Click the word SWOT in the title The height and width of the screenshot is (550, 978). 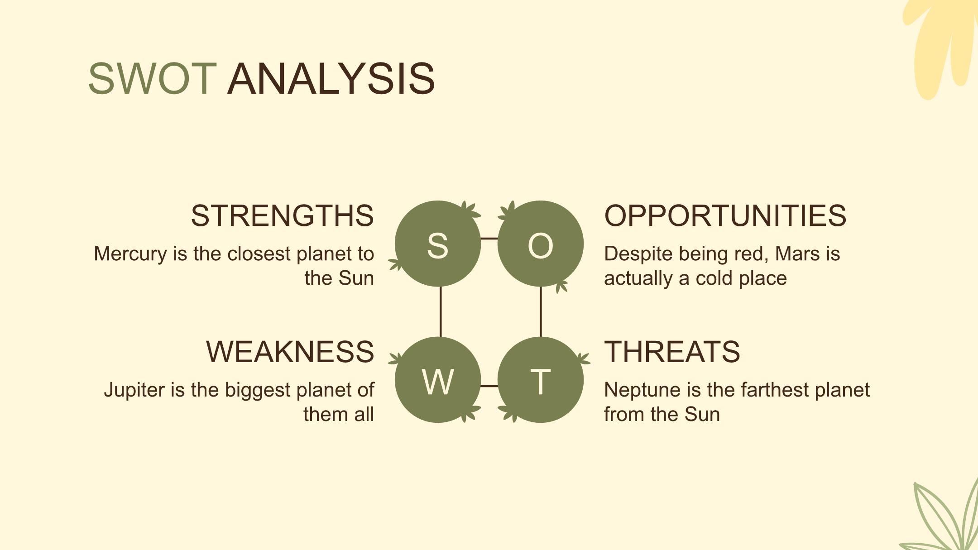(x=152, y=79)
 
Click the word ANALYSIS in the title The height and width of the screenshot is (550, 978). (x=331, y=79)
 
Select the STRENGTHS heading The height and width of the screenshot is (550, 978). (x=283, y=215)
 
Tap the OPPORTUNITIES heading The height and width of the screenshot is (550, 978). (x=725, y=215)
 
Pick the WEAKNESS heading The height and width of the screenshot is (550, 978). (x=290, y=352)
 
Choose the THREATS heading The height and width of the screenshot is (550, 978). (x=672, y=352)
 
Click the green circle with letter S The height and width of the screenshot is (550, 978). (x=437, y=244)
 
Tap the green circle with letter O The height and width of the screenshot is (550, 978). (x=540, y=244)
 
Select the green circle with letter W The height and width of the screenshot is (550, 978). (x=437, y=380)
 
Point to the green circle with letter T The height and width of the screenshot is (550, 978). (x=540, y=380)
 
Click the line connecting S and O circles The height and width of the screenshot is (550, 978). (x=489, y=238)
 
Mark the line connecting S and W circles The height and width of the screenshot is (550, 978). (x=441, y=312)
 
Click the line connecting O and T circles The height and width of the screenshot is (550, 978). (x=541, y=312)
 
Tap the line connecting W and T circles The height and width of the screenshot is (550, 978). (x=489, y=386)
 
